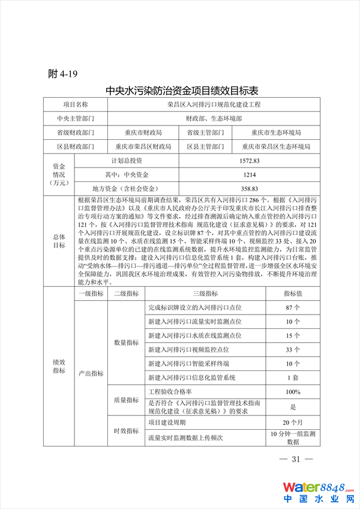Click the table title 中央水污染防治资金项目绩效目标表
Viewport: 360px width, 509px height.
coord(181,91)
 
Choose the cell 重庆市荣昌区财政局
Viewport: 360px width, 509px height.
coord(143,146)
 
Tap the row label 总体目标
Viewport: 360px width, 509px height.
coord(59,241)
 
